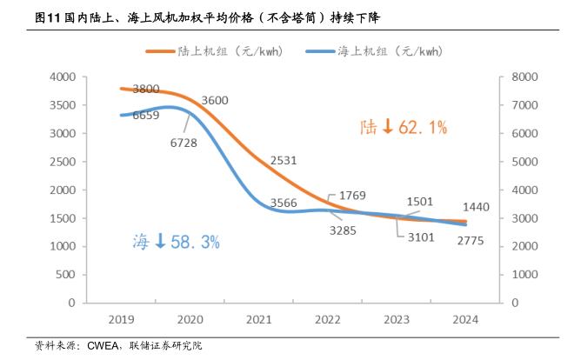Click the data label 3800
point(146,89)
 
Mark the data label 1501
point(420,202)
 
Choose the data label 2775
point(475,239)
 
